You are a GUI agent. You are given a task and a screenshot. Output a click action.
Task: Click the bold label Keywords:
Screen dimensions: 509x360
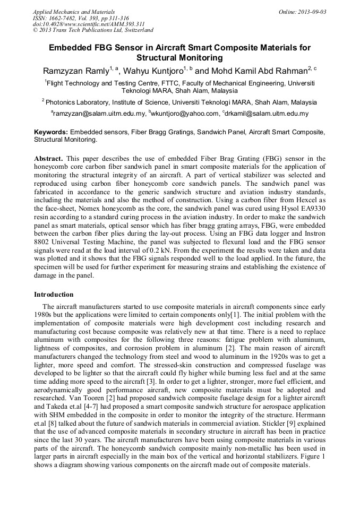pyautogui.click(x=51, y=132)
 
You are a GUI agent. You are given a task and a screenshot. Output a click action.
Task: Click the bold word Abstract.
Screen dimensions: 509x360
pyautogui.click(x=48, y=159)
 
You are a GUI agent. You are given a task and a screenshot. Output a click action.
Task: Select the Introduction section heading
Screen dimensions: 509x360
pyautogui.click(x=54, y=294)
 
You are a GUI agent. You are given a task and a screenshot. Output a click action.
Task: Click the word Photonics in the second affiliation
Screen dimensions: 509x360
pyautogui.click(x=61, y=102)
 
